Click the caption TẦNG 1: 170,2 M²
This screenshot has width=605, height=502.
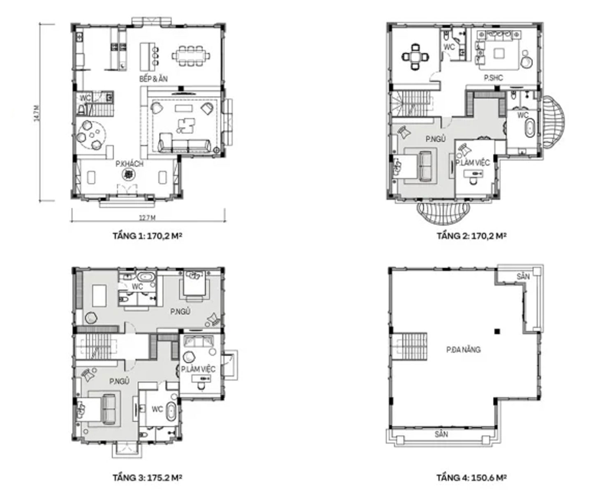[147, 236]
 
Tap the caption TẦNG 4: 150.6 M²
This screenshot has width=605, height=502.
[471, 478]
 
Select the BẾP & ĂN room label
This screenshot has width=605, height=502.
[153, 78]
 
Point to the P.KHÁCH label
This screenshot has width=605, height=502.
[129, 164]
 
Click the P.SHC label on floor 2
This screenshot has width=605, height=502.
[493, 78]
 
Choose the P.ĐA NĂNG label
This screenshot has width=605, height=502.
[463, 350]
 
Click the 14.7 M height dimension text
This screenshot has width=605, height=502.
[37, 113]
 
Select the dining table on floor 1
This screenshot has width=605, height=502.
[190, 55]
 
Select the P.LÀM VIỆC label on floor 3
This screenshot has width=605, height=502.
[198, 369]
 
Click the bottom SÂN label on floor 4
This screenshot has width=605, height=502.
[441, 434]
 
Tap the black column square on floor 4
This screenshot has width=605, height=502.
[497, 331]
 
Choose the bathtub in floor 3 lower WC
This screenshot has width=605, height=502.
[171, 412]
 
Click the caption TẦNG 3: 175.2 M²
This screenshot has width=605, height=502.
[147, 478]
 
